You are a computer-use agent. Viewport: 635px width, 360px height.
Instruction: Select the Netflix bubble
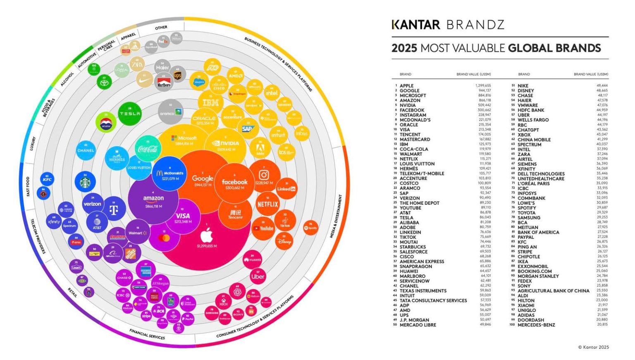(x=267, y=204)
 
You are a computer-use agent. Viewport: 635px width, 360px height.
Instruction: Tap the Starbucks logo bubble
(x=85, y=182)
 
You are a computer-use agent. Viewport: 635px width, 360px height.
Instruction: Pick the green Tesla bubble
(x=130, y=113)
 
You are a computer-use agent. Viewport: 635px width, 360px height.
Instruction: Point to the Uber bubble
(x=258, y=276)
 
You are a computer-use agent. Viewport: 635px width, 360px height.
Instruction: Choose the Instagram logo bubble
(x=264, y=177)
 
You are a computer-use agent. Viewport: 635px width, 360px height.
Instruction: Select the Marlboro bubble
(x=164, y=82)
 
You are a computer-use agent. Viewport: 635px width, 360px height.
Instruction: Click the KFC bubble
(x=47, y=180)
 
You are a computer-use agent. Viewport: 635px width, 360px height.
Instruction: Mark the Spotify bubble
(x=310, y=228)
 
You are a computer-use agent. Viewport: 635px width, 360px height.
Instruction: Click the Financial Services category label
(x=147, y=334)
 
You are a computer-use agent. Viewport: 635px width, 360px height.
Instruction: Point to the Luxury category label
(x=33, y=144)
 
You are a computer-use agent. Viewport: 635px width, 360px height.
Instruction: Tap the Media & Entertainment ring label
(x=336, y=216)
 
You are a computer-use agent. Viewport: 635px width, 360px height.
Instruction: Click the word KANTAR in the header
(x=416, y=25)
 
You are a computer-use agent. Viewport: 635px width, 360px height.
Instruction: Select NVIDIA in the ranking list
(x=408, y=106)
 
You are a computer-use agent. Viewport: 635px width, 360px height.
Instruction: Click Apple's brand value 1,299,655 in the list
(x=483, y=86)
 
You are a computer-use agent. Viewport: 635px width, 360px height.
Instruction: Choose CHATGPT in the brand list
(x=528, y=130)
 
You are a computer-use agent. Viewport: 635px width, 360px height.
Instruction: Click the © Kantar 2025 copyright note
(x=593, y=347)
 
